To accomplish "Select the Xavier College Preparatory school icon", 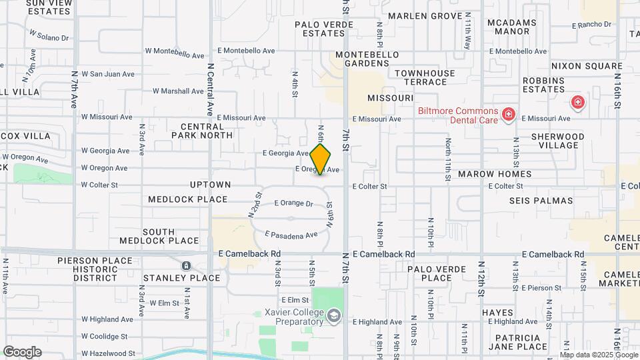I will (334, 315).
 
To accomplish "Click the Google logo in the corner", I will (22, 352).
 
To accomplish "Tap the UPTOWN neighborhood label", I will (210, 185).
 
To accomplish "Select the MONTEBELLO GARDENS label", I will (367, 59).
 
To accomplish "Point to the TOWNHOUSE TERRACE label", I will (425, 77).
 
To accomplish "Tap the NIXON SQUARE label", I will (587, 66).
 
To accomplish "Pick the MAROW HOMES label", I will (495, 174).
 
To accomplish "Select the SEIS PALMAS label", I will (541, 200).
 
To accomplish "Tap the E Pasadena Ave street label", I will (291, 235).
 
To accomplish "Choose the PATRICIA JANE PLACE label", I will (517, 342).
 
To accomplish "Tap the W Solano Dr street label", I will (49, 35).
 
